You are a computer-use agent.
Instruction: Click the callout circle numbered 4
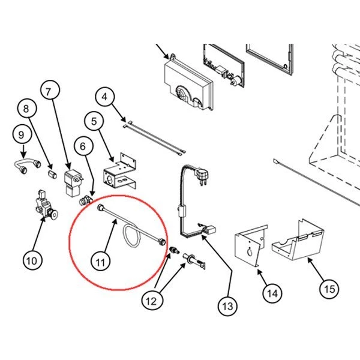tap(104, 97)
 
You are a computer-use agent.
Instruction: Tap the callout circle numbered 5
tap(94, 121)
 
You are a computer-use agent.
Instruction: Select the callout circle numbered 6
tap(83, 146)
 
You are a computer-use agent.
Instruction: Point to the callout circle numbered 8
tap(27, 108)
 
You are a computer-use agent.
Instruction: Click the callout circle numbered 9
tap(22, 134)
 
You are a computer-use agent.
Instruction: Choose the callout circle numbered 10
tap(32, 260)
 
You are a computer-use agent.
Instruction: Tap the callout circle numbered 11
tap(100, 262)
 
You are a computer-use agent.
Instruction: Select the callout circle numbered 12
tap(152, 301)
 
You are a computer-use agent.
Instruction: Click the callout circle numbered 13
tap(227, 306)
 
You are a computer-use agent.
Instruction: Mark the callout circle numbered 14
tap(272, 293)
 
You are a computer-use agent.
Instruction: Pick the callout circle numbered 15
tap(329, 289)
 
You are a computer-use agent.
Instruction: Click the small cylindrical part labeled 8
tap(52, 175)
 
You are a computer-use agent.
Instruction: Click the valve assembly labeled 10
tap(46, 205)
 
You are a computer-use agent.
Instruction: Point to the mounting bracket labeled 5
tap(120, 171)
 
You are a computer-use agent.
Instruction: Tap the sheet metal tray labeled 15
tap(298, 241)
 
